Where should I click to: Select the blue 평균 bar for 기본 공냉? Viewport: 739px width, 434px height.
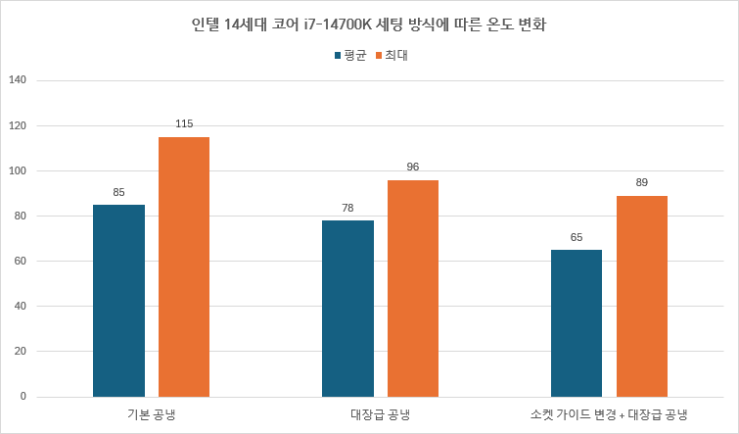click(118, 301)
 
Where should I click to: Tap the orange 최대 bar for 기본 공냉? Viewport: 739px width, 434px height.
click(184, 266)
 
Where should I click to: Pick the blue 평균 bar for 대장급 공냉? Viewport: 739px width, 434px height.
click(347, 309)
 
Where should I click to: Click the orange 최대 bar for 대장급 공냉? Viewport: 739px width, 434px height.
click(413, 288)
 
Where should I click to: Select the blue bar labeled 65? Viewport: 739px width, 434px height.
click(577, 323)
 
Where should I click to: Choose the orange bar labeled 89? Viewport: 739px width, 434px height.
click(642, 296)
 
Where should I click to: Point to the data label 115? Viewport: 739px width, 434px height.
click(184, 124)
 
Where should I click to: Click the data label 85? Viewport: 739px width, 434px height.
click(118, 192)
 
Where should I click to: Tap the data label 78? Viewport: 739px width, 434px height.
click(347, 208)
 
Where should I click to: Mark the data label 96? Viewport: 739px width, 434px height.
click(413, 168)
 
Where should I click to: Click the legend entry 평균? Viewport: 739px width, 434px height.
click(349, 56)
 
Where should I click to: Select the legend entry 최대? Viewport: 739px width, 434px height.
click(392, 56)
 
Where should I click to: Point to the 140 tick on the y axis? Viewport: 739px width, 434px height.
click(17, 80)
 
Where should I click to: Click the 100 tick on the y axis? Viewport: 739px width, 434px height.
click(17, 171)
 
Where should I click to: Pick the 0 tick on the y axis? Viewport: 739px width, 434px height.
click(23, 397)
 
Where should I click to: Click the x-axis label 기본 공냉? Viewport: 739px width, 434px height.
click(151, 414)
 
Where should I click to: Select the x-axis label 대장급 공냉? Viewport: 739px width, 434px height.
click(380, 414)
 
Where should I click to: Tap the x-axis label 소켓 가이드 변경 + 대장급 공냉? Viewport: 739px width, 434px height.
click(609, 414)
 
